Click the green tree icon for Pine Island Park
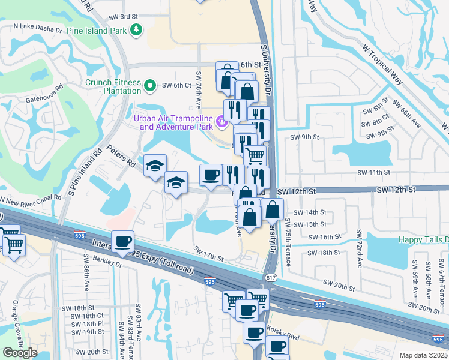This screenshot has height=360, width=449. coord(137,30)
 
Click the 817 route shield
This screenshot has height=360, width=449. coord(270,277)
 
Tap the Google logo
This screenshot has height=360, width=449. coord(20,353)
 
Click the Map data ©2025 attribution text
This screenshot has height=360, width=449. coord(423,355)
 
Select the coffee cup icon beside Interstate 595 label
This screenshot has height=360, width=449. coord(123,242)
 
